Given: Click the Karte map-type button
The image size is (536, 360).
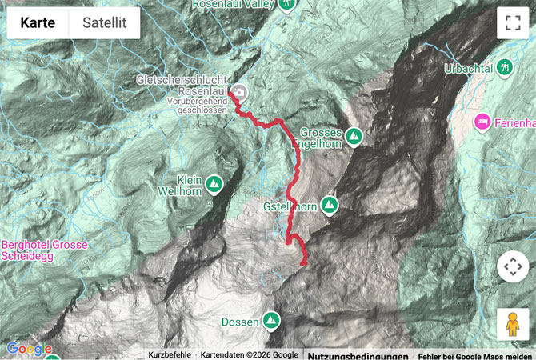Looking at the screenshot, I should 38,23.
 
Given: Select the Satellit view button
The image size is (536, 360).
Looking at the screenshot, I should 105,23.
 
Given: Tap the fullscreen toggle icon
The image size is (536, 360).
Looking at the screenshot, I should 513,23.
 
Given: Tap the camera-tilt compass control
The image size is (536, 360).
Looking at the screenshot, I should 513,266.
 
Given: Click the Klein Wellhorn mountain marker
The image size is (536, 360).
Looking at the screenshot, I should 214,185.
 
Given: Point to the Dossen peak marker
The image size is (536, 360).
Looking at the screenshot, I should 272,321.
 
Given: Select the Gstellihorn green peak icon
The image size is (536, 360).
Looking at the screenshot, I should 330,206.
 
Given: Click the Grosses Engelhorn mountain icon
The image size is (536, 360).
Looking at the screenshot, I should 353,137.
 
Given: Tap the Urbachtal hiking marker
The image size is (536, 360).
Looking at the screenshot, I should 506,67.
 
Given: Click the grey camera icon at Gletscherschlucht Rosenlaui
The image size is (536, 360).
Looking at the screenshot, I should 240,91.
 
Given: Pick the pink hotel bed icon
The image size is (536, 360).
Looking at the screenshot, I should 482,122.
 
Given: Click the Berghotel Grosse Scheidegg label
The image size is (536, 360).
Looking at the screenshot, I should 44,250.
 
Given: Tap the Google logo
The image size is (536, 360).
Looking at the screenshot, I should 30,349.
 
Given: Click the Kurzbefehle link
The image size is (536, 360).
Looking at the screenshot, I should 170,354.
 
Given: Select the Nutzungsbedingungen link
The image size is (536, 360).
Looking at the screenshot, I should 358,354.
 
